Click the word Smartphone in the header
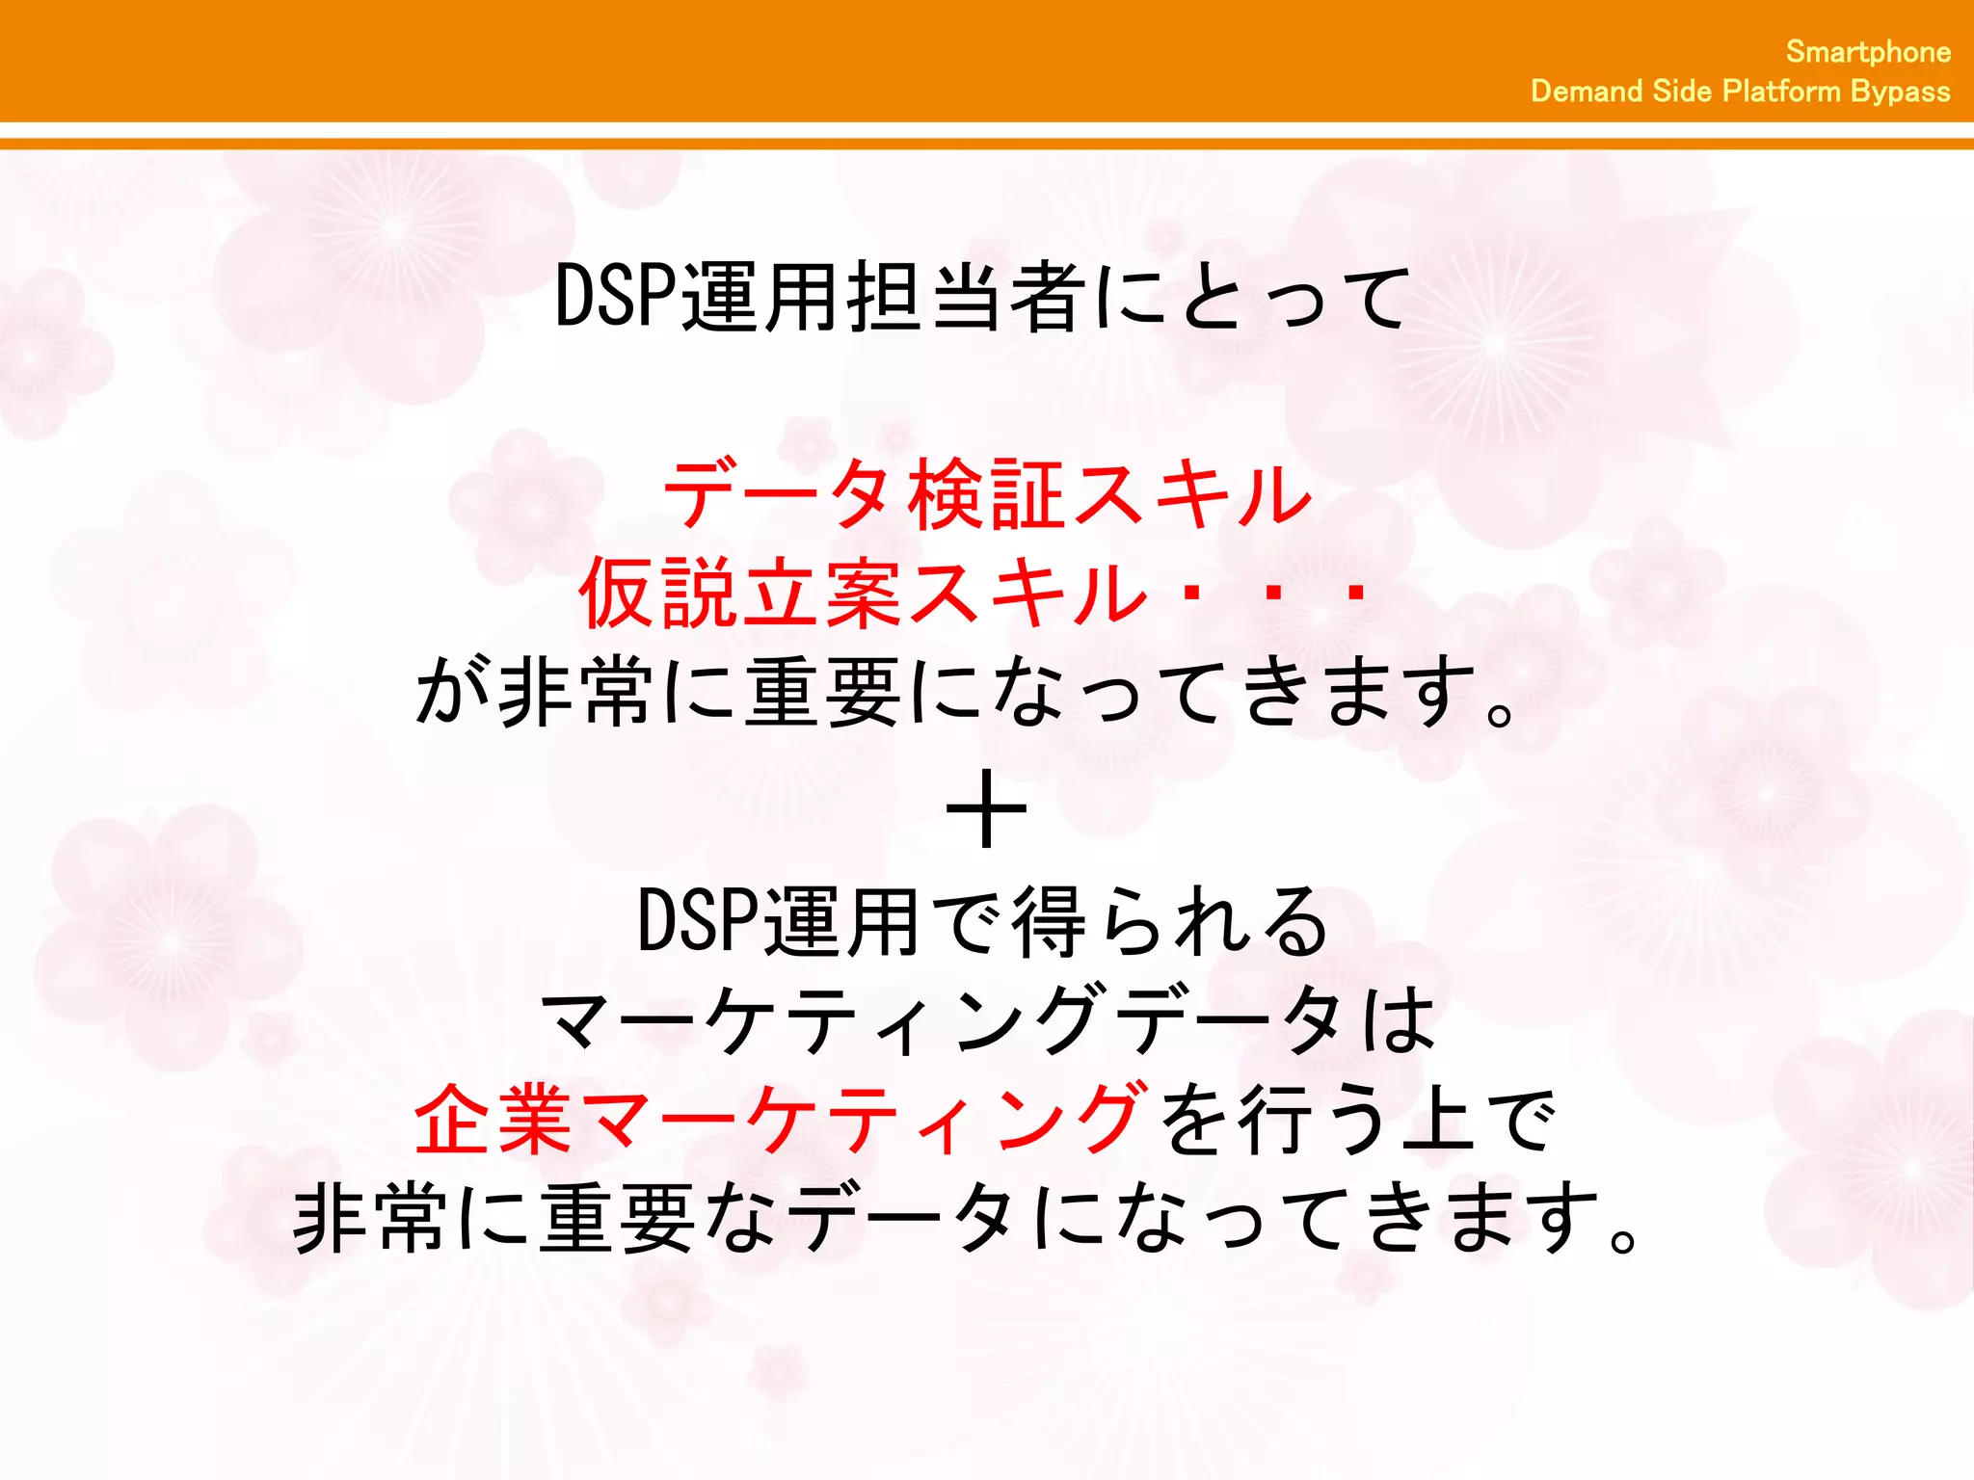(x=1868, y=52)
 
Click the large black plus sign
(x=986, y=809)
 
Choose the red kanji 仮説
(x=660, y=593)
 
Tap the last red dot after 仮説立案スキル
(x=1356, y=594)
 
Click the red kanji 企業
(x=494, y=1120)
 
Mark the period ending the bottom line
(x=1623, y=1237)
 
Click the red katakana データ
(x=776, y=495)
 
